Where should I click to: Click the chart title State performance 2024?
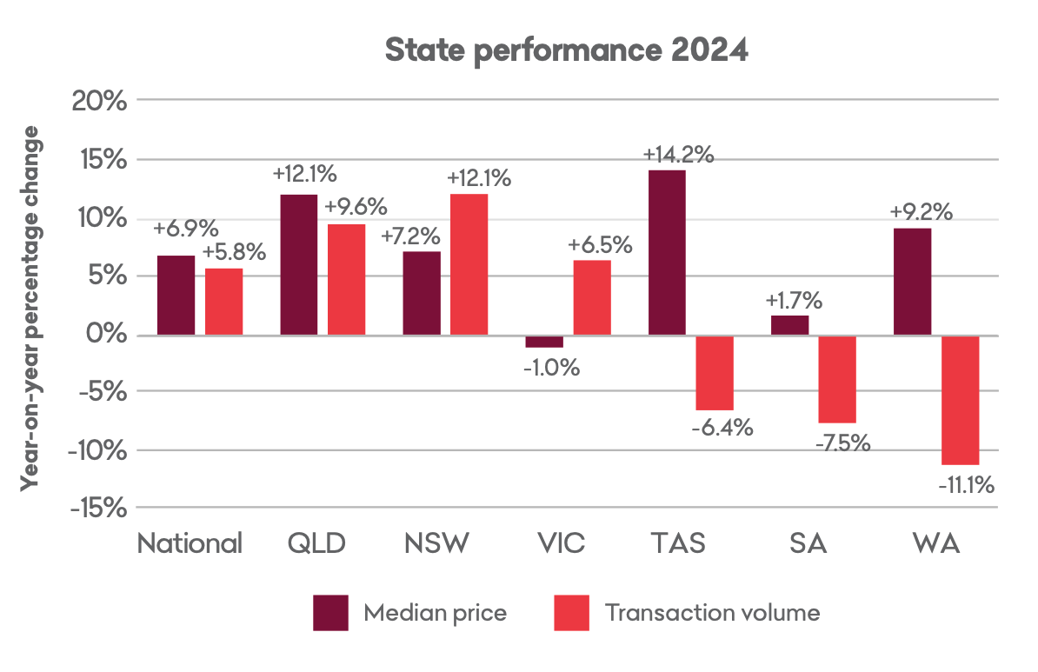click(566, 50)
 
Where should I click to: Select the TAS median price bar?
click(667, 252)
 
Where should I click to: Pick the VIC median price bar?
click(544, 342)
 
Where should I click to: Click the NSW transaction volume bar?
click(469, 264)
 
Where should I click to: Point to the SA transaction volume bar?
click(838, 379)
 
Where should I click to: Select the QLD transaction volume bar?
click(346, 279)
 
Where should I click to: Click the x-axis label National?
click(190, 544)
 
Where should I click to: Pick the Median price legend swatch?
click(330, 612)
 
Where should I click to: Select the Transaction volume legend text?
click(712, 612)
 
